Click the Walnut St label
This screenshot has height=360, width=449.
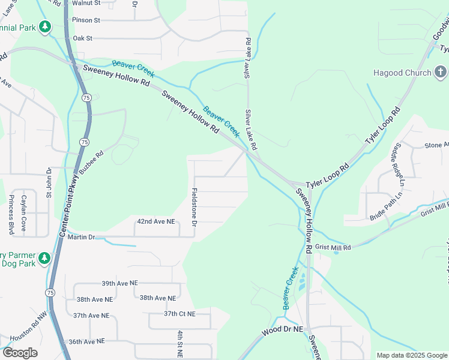[85, 3]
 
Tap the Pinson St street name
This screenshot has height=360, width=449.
[86, 20]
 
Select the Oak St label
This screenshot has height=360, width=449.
[82, 38]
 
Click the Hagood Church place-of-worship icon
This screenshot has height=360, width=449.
[441, 73]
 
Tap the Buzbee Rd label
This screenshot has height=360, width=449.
[91, 161]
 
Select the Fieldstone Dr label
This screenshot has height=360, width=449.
[194, 208]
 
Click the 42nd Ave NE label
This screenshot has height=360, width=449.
[156, 221]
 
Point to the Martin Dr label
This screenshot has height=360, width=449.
[82, 237]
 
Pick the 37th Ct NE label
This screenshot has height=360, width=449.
[180, 314]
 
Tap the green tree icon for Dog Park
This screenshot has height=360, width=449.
[44, 258]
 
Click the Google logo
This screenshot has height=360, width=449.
[20, 353]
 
